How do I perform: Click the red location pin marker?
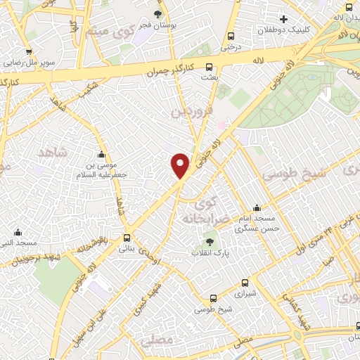(x=181, y=165)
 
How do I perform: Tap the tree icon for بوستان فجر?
(x=157, y=14)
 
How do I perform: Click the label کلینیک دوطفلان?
(x=284, y=30)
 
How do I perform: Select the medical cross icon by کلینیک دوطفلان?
(x=284, y=19)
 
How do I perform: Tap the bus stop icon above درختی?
(x=231, y=37)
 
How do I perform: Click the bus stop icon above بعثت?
(x=208, y=67)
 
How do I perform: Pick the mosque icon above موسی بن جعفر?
(x=102, y=155)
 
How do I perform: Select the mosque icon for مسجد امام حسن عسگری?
(x=257, y=208)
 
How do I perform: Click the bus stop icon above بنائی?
(x=127, y=238)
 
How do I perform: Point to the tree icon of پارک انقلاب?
(x=210, y=243)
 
